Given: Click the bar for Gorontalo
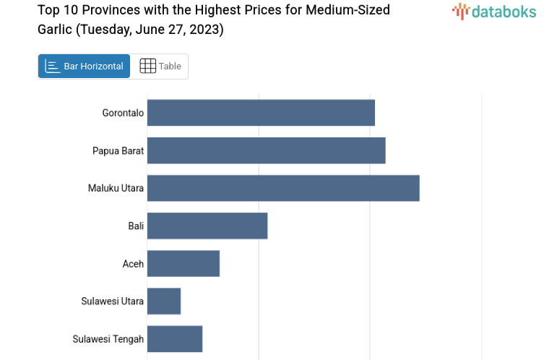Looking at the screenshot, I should [261, 113].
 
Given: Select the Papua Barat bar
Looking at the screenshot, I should [266, 150].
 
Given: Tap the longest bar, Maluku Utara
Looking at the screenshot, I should [283, 188].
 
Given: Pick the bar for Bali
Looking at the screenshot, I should [207, 226].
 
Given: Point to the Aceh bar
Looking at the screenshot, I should [184, 263].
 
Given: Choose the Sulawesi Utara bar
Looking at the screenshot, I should [164, 301].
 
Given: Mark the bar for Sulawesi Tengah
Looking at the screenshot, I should [175, 338].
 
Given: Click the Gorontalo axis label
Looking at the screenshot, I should [123, 113].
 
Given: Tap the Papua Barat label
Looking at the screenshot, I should [118, 150].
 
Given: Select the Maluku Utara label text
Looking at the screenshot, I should [116, 188].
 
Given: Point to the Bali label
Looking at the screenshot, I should [136, 226].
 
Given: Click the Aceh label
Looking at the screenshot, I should [133, 263].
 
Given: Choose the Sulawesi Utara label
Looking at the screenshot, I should [112, 301].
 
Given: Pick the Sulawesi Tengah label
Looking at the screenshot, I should [108, 338].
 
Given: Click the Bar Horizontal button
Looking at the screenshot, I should [85, 67].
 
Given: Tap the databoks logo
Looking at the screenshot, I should [494, 11].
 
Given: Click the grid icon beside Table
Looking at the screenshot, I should [147, 66].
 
